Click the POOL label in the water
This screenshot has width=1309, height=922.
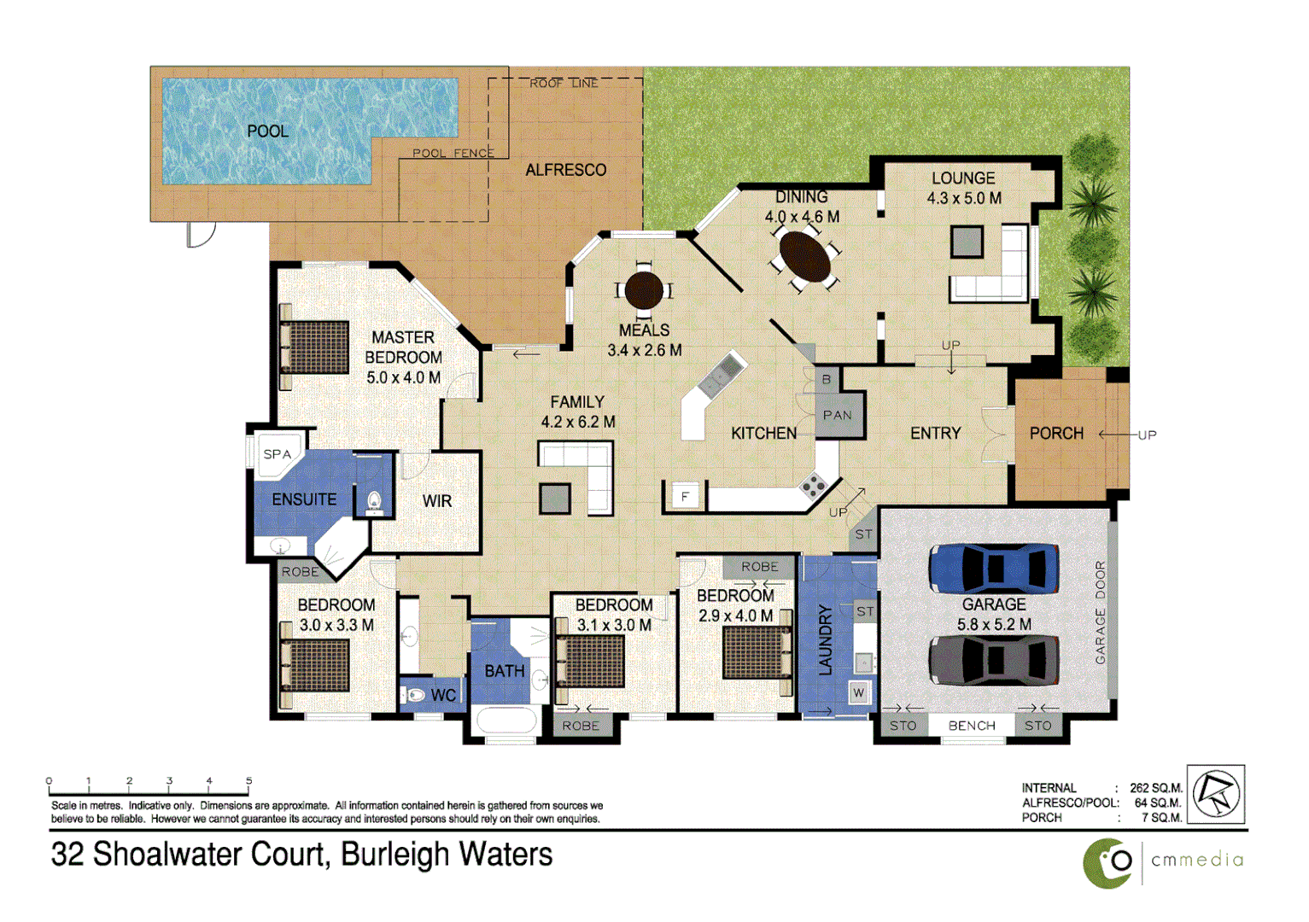coord(267,131)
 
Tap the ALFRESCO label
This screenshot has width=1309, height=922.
coord(565,170)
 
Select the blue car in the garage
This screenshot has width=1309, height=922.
coord(993,568)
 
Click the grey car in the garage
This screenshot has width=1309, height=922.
coord(993,660)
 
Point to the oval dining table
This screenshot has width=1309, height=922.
coord(805,256)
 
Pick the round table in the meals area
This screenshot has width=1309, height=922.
coord(644,290)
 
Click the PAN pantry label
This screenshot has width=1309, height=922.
coord(837,416)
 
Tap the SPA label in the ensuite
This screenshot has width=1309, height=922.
coord(277,454)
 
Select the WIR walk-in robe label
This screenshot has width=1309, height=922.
coord(436,501)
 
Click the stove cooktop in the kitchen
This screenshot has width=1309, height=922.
coord(812,487)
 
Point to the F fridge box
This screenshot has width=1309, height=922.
coord(685,496)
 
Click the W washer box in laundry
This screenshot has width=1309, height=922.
coord(859,692)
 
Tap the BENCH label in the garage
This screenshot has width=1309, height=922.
coord(972,726)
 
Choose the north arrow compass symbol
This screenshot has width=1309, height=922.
coord(1215,794)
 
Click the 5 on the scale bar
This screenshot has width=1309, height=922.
coord(248,780)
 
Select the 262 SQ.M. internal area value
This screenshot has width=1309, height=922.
coord(1155,788)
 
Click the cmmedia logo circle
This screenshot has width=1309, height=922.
coord(1109,862)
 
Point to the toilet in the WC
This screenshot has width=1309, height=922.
coord(415,695)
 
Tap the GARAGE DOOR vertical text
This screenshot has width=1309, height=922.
coord(1100,612)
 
